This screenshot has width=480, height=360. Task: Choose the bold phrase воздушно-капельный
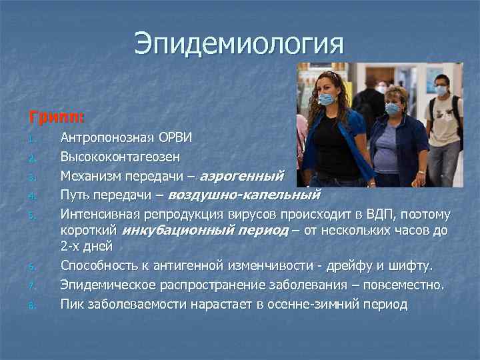point(244,195)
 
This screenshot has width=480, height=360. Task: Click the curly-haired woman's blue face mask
point(327,99)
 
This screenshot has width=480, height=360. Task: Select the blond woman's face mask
point(392,108)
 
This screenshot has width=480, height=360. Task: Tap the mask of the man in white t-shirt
point(441,91)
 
